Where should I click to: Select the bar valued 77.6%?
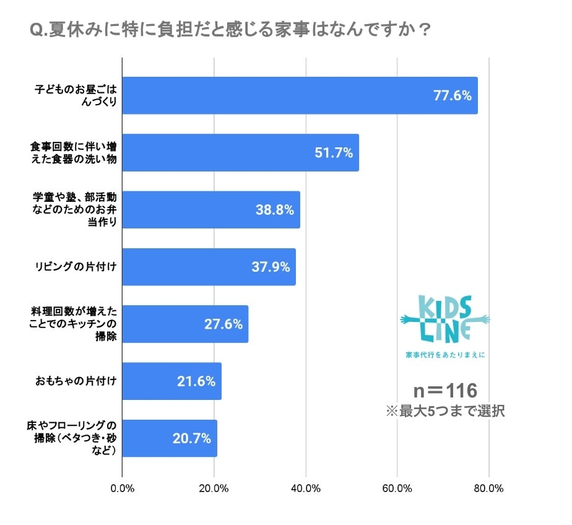click(300, 95)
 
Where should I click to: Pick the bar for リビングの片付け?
click(209, 267)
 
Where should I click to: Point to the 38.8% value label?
click(274, 210)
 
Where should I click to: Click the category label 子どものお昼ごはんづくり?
click(76, 95)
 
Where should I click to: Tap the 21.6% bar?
click(171, 381)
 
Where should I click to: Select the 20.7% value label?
click(192, 438)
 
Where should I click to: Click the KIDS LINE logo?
click(445, 320)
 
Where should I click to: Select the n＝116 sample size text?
click(445, 391)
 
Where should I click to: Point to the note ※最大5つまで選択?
click(445, 411)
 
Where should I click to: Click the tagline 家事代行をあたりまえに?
click(445, 355)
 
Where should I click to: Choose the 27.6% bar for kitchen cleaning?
click(185, 324)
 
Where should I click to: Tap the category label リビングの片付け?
click(76, 267)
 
